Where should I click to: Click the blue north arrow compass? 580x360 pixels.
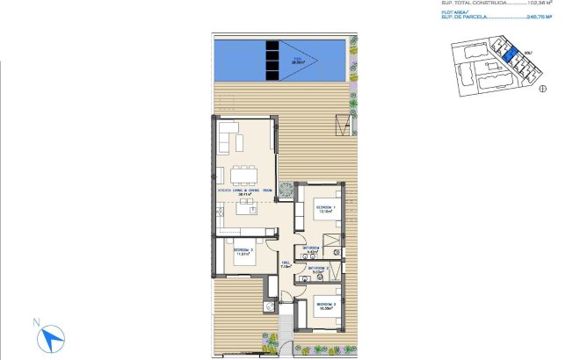(54, 335)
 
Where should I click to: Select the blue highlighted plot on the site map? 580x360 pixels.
(509, 56)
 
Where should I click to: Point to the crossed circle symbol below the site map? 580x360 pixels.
(542, 88)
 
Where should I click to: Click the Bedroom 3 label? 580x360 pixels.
(243, 252)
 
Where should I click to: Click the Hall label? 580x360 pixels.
(286, 264)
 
